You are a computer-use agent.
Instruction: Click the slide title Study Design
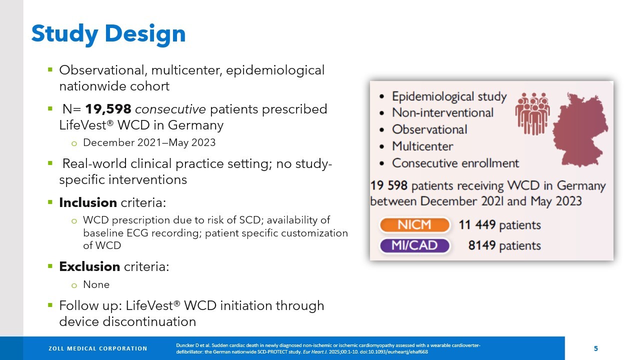(x=108, y=34)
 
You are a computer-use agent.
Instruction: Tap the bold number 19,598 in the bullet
(x=108, y=109)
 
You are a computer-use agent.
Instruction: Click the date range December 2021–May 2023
(x=149, y=142)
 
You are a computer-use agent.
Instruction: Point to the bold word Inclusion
(x=88, y=202)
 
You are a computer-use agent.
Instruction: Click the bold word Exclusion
(x=89, y=266)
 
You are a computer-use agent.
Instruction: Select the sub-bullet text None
(x=96, y=284)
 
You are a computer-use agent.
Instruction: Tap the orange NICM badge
(x=414, y=225)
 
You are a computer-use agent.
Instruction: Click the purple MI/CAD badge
(x=414, y=245)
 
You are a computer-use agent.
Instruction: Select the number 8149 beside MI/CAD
(x=481, y=245)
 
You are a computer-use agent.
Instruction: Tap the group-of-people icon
(x=532, y=112)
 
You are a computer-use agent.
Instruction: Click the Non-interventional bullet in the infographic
(x=442, y=112)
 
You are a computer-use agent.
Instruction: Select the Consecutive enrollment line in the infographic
(x=455, y=163)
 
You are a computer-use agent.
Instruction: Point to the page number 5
(x=595, y=348)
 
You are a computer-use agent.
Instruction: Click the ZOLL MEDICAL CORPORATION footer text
(x=98, y=348)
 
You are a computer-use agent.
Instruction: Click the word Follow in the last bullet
(x=75, y=305)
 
